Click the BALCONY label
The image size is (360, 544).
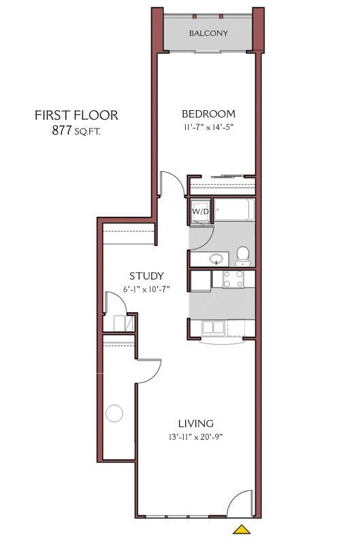coord(208,33)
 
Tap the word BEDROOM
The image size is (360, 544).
coord(208,114)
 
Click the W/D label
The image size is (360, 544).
coord(200,211)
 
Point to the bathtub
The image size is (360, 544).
coord(234,211)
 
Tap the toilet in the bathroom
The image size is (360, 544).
coord(243,255)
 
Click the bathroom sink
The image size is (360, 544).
coord(216,259)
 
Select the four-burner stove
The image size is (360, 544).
coord(233,279)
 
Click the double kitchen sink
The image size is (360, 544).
coord(213,327)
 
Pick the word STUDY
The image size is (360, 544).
coord(146,276)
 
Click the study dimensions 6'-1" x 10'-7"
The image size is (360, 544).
coord(146,289)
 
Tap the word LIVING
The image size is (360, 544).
coord(196,423)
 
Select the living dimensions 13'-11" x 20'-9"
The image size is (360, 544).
coord(196,437)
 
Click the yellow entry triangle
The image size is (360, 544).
coord(240,529)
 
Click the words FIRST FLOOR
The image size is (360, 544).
coord(76,115)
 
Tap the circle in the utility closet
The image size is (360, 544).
coord(114,413)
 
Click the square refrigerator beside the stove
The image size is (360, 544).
coord(200,279)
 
